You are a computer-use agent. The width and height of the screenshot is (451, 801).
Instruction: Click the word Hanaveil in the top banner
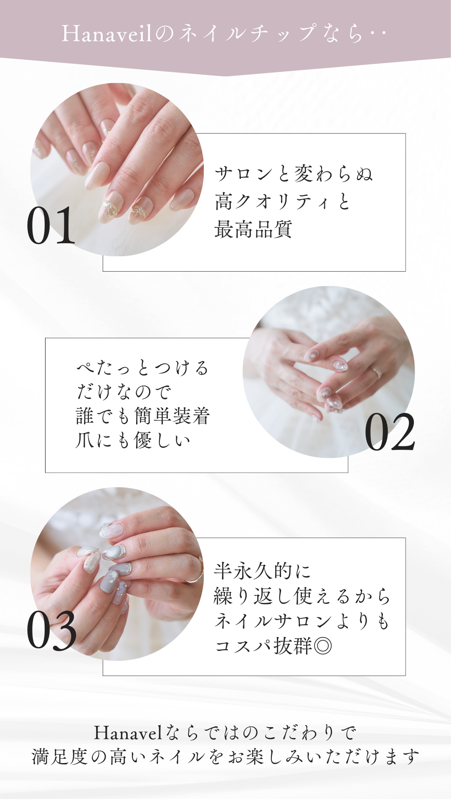(x=107, y=33)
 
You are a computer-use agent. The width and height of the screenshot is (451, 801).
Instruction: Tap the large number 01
(x=51, y=226)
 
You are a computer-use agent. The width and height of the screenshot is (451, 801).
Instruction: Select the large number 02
(x=390, y=432)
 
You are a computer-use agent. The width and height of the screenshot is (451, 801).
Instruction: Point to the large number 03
(x=52, y=630)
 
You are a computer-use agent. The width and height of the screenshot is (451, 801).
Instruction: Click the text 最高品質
(x=253, y=229)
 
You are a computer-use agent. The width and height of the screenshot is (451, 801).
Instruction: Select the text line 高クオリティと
(x=283, y=202)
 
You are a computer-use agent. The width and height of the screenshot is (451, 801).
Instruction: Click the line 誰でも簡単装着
(x=143, y=416)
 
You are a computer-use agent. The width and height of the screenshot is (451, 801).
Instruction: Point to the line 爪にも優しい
(x=133, y=440)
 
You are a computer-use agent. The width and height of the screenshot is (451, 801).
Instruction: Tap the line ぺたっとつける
(x=142, y=368)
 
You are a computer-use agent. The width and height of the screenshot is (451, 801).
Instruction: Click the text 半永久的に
(x=262, y=571)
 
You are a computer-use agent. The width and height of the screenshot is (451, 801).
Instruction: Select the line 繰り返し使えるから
(x=302, y=596)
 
